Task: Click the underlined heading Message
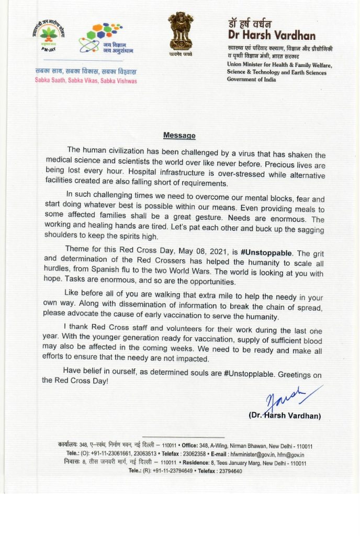point(179,136)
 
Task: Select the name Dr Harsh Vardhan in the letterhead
point(271,36)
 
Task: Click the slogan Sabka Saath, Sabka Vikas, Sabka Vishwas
point(86,81)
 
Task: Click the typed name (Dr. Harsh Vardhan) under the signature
point(285,416)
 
